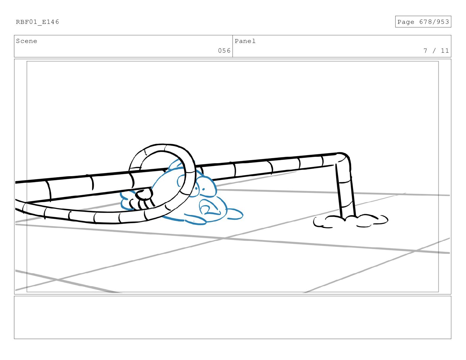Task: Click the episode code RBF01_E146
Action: pyautogui.click(x=37, y=22)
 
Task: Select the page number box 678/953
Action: pyautogui.click(x=423, y=22)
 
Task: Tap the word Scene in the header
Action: pyautogui.click(x=26, y=41)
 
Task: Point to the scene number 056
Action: pyautogui.click(x=224, y=51)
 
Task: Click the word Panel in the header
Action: pyautogui.click(x=245, y=41)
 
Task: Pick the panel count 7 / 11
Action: pyautogui.click(x=436, y=51)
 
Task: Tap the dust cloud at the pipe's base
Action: pyautogui.click(x=350, y=221)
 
